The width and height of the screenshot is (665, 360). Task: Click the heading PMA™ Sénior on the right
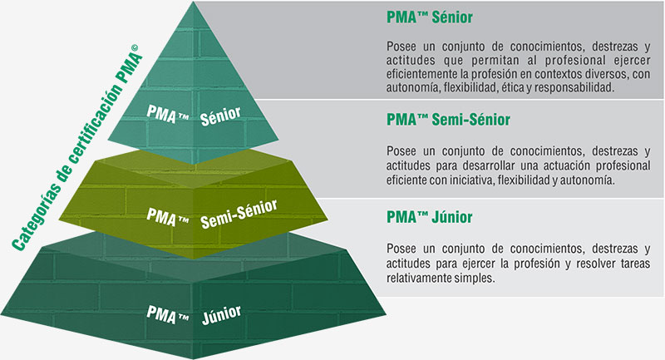[x=429, y=17]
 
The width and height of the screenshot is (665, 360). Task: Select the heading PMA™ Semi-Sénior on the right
[x=448, y=120]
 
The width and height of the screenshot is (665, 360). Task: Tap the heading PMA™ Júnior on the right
[x=429, y=217]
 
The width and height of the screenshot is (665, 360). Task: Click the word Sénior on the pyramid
[x=220, y=116]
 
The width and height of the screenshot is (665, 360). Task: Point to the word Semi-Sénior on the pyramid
[x=239, y=215]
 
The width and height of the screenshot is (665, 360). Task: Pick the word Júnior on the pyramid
[x=221, y=315]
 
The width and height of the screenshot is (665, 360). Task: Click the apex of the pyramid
[x=194, y=2]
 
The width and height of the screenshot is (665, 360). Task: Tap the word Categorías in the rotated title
[x=34, y=216]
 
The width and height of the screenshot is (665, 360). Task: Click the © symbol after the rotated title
[x=135, y=48]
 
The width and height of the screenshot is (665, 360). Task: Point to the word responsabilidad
[x=574, y=88]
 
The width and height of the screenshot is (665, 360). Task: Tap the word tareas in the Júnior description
[x=635, y=264]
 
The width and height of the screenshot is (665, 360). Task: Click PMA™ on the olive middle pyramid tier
[x=168, y=216]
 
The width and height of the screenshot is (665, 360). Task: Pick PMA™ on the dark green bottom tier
[x=168, y=314]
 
